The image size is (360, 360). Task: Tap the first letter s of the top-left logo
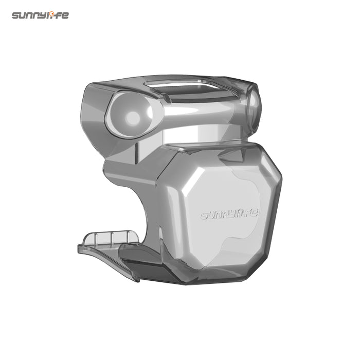(16, 15)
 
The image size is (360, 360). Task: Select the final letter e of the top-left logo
(65, 15)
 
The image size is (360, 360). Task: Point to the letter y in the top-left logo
(45, 16)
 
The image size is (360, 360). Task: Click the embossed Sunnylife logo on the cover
(229, 214)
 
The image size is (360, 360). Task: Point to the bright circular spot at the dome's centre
(133, 118)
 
